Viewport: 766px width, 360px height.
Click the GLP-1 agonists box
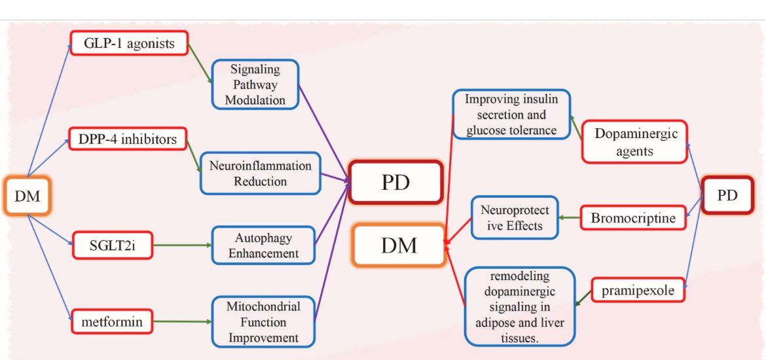coord(129,44)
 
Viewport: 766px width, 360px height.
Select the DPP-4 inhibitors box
coord(128,140)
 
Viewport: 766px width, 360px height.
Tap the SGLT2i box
coord(112,245)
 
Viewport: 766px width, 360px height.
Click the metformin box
coord(112,322)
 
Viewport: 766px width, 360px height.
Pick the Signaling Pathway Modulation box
coord(255,84)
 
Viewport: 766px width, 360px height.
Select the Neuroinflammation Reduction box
coord(261,173)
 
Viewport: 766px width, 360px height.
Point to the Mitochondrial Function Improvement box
coord(263,321)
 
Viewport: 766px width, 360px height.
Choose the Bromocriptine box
coord(632,218)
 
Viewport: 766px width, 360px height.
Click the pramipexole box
coord(638,291)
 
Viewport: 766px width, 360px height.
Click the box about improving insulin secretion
coord(511,115)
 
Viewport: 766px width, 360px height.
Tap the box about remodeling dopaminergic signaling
coord(520,306)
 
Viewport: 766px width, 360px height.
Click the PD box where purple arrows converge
coord(395,181)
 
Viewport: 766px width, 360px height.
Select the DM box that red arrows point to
coord(399,245)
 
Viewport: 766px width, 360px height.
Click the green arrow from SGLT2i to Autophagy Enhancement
coord(183,245)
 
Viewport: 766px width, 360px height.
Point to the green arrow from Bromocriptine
coord(569,217)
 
